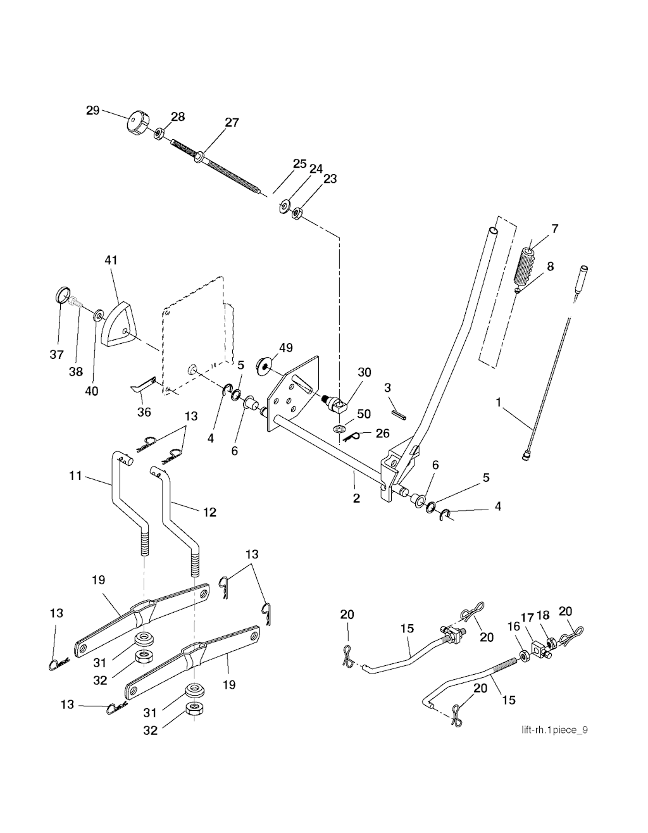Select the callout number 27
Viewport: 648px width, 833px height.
tap(232, 122)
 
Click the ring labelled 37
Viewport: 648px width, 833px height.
tap(61, 295)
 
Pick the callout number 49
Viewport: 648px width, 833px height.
tap(285, 348)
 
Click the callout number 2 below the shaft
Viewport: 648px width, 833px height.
tap(356, 498)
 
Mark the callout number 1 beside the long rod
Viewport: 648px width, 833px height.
tap(499, 402)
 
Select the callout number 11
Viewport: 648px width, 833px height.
tap(75, 475)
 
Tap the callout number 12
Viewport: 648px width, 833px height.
tap(209, 511)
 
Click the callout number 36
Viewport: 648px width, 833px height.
tap(144, 412)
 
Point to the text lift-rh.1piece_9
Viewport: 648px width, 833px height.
tap(554, 730)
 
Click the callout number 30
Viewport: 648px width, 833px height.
tap(364, 373)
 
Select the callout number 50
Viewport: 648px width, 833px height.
tap(364, 415)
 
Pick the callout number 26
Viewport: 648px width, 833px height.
tap(382, 434)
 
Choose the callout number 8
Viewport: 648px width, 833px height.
tap(550, 266)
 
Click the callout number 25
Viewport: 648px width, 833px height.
tap(299, 163)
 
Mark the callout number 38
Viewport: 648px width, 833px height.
tap(76, 372)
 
